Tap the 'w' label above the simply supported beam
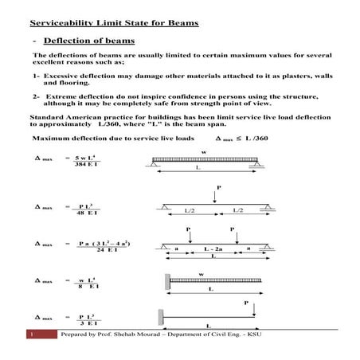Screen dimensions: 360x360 [203, 151]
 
